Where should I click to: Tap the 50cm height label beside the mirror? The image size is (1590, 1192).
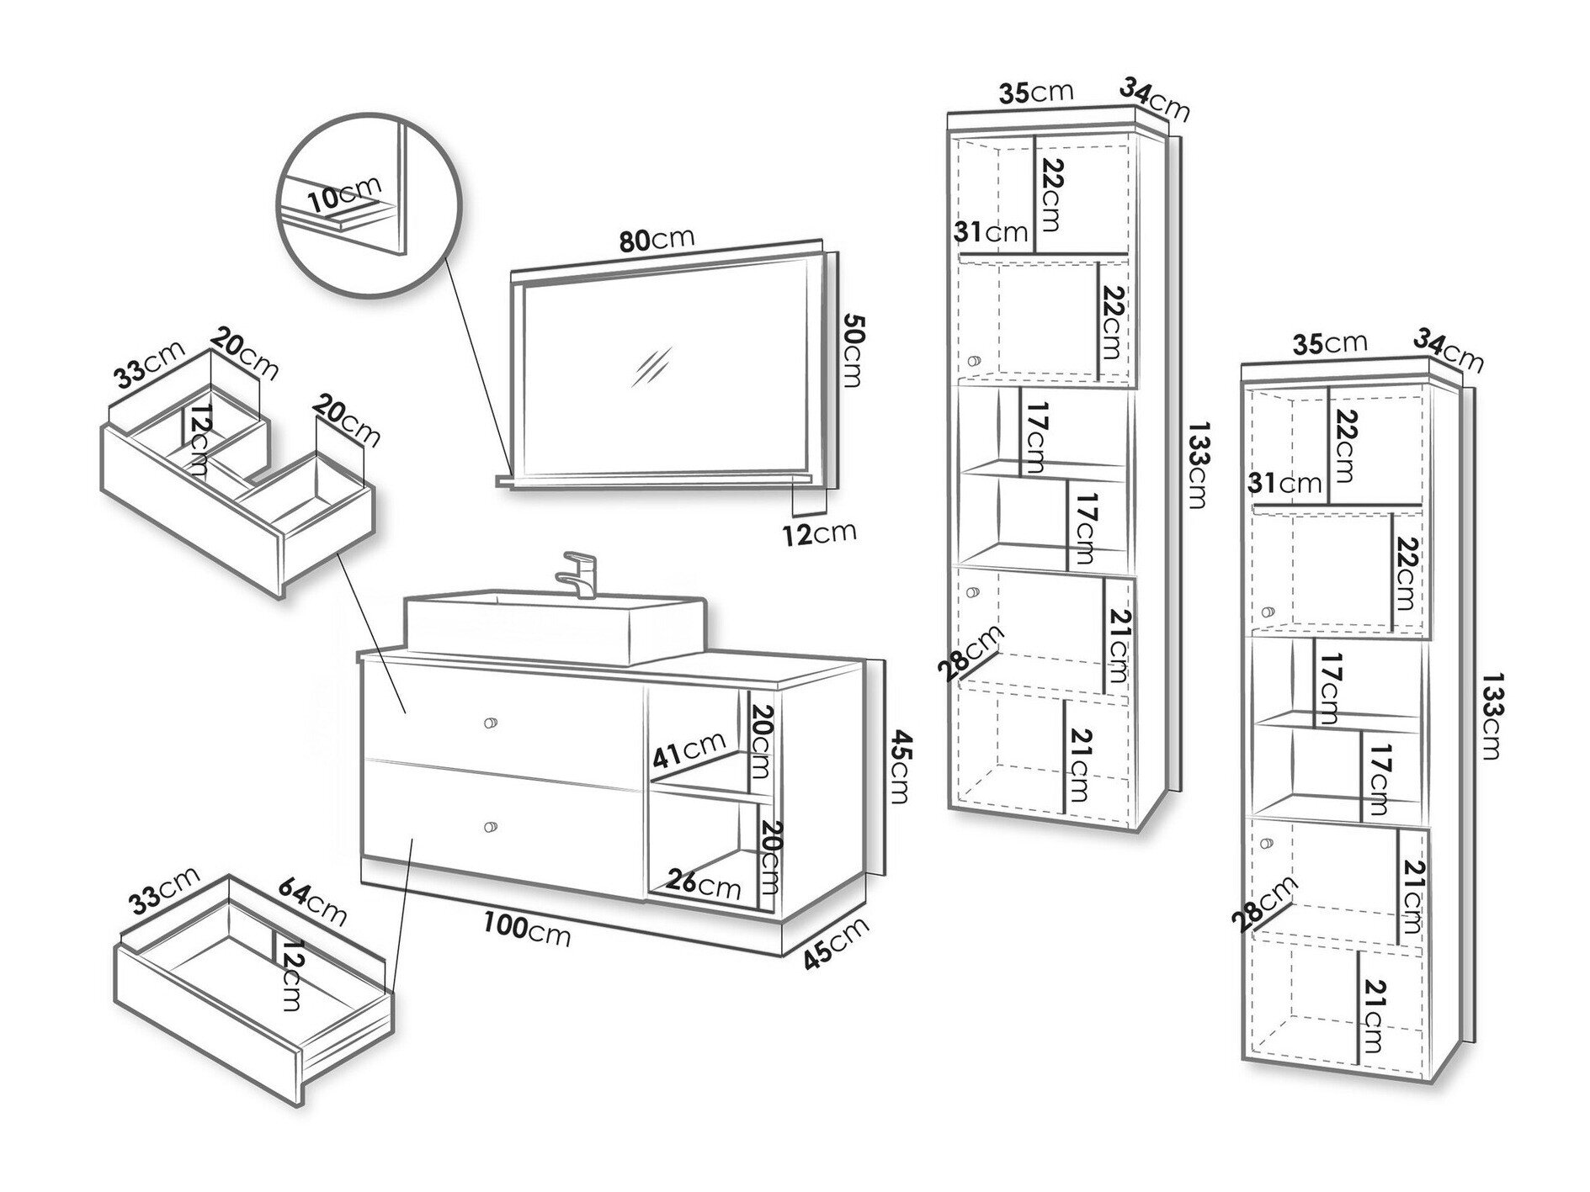(851, 351)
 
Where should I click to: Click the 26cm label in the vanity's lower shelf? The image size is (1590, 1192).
(704, 884)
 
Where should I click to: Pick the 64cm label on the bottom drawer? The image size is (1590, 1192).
(311, 900)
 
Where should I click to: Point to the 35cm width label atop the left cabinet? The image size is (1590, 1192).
(1036, 92)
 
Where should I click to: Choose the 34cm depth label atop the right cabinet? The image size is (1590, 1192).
(1448, 348)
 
